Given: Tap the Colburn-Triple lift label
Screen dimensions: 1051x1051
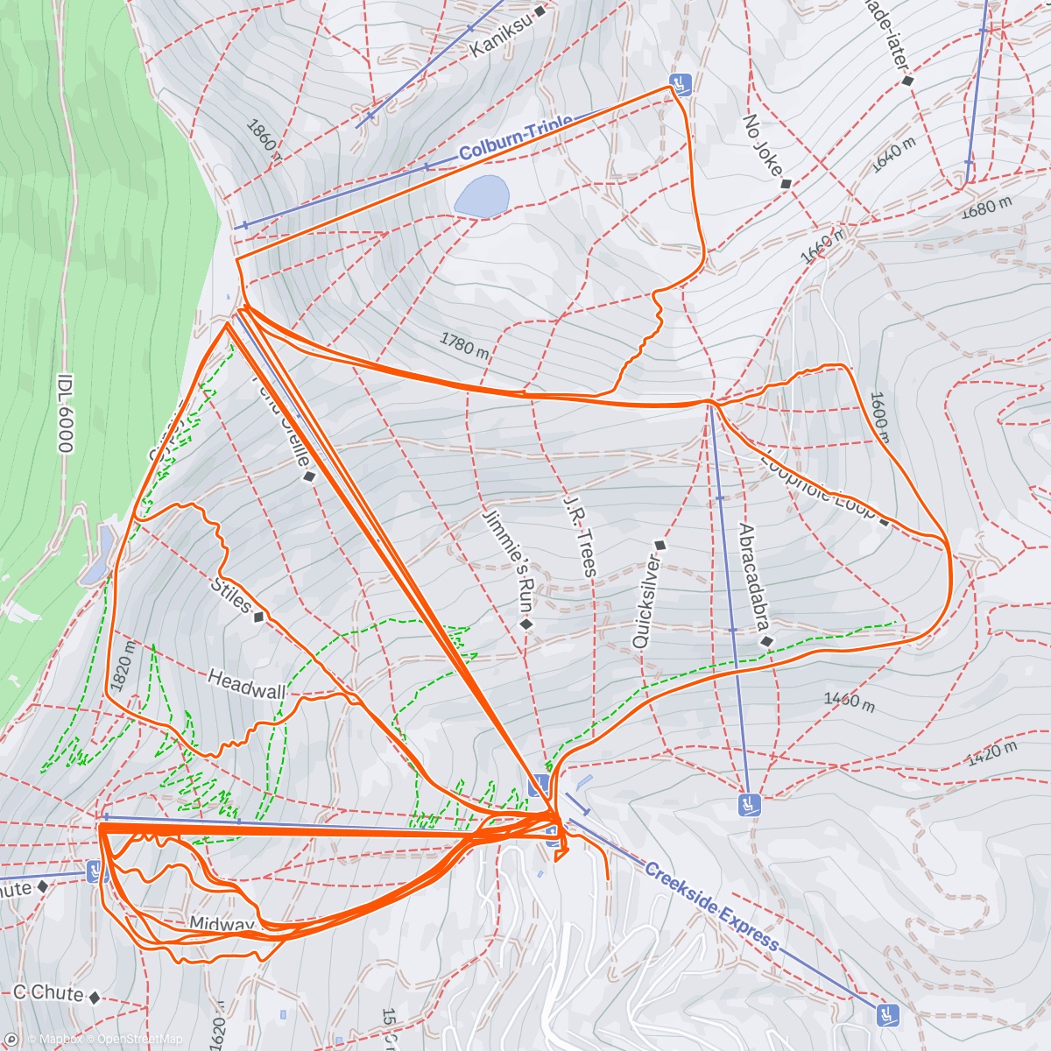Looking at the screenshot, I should (516, 138).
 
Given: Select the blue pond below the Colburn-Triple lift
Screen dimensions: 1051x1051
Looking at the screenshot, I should (482, 196).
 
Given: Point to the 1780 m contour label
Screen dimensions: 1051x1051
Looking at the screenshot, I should (464, 345).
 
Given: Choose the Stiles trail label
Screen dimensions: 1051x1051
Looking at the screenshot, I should (232, 595).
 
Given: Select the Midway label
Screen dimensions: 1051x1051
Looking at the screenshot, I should (222, 925).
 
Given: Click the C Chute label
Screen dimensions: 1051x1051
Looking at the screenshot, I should (48, 993).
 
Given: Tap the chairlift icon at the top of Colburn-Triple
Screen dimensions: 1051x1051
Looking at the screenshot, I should (681, 84).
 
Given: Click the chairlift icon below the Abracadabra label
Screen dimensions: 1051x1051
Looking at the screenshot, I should (748, 803).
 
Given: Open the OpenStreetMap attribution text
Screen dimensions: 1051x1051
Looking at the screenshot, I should (139, 1040).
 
